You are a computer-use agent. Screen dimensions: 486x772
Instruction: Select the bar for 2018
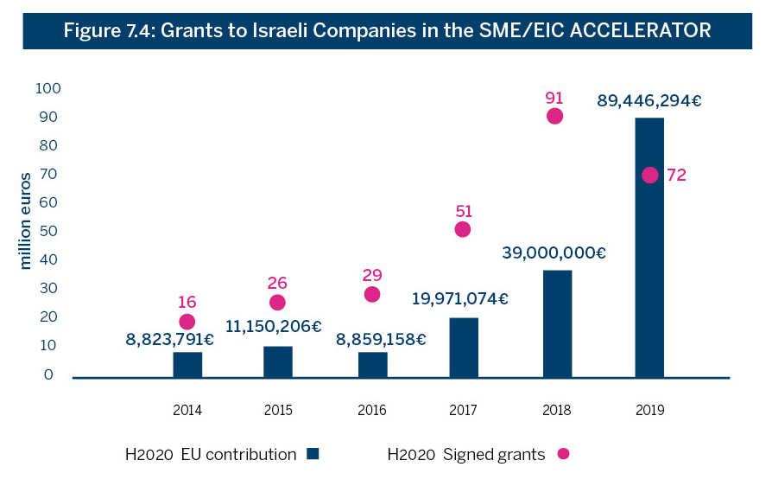point(557,323)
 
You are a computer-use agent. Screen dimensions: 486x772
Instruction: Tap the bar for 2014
point(187,364)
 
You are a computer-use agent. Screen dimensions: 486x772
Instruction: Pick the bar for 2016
point(372,364)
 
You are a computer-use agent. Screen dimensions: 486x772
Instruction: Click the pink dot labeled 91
point(554,116)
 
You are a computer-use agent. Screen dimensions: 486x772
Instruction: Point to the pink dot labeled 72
point(649,175)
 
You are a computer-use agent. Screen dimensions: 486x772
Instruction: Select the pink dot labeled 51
point(463,229)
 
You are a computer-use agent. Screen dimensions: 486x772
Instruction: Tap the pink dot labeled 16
point(187,322)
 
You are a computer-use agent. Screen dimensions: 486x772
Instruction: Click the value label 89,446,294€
point(649,100)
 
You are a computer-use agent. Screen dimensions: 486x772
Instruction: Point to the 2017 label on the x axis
point(463,411)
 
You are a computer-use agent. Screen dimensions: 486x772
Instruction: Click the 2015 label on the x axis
point(279,411)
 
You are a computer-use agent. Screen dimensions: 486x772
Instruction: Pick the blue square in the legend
point(313,453)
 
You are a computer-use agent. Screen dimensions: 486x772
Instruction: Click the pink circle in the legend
point(564,453)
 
